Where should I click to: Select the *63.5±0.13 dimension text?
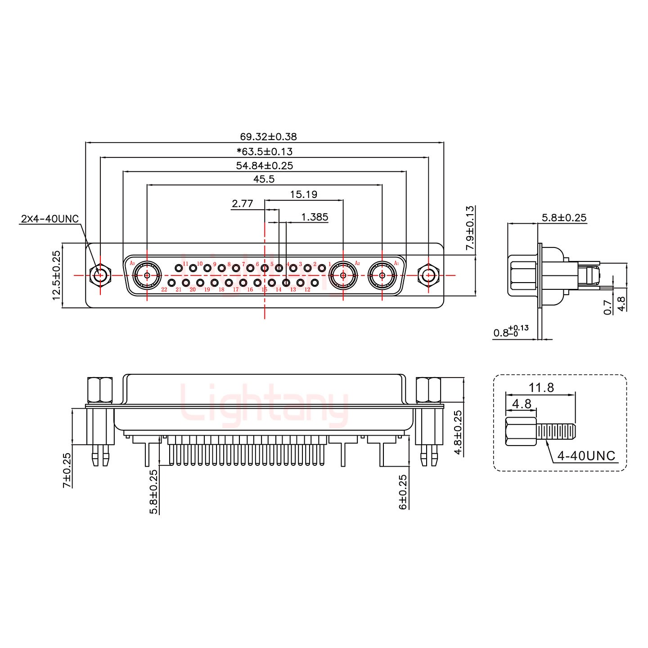(265, 151)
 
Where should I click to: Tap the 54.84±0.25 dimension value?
(265, 166)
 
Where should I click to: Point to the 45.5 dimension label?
(264, 179)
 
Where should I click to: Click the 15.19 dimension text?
(303, 194)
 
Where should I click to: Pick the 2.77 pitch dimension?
(242, 204)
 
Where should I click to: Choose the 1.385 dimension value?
(315, 217)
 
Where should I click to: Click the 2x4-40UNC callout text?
(49, 219)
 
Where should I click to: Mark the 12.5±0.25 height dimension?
(57, 275)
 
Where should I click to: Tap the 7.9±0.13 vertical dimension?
(470, 228)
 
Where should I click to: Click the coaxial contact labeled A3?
(147, 275)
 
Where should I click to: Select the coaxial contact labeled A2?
(343, 275)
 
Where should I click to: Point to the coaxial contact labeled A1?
(382, 275)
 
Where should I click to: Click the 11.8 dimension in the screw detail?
(541, 387)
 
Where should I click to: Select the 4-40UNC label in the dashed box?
(586, 456)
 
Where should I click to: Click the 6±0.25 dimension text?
(403, 492)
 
